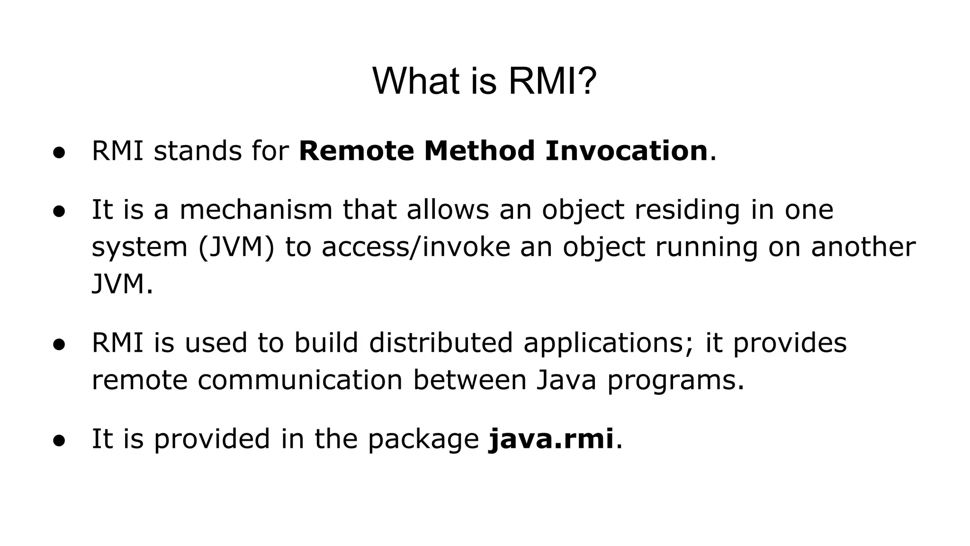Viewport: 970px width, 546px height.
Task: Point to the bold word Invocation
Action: pos(626,151)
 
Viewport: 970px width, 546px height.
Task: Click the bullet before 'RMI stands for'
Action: pos(59,153)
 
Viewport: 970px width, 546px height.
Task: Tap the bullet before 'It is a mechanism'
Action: pos(59,211)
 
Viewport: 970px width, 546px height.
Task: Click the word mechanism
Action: pos(256,209)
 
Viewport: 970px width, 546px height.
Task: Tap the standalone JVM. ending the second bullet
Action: pos(122,285)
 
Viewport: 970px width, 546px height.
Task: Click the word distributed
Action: pos(440,343)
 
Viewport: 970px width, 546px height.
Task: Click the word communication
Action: pos(300,381)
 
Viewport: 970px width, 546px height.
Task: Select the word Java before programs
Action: pos(566,381)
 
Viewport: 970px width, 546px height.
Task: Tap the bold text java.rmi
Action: pos(551,439)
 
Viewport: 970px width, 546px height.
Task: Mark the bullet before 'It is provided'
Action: pos(59,440)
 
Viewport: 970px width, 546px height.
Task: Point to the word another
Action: pos(863,247)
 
